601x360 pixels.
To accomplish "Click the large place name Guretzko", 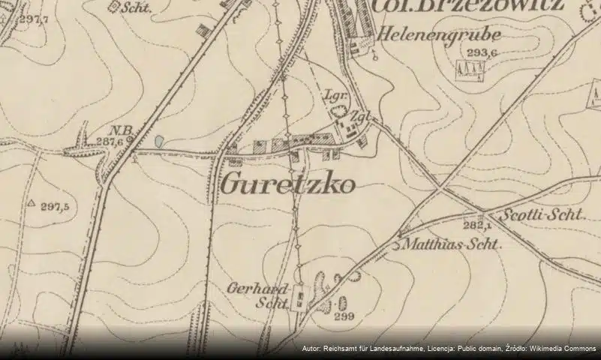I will tap(288, 184).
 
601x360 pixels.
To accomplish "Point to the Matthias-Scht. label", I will tap(452, 244).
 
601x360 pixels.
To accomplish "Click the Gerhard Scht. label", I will tap(260, 295).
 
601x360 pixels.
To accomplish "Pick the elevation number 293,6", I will tap(482, 53).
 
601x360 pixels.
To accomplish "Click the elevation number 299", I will tap(344, 316).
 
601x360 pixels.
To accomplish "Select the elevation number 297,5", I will tap(55, 206).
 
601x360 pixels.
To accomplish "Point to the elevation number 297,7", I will tap(33, 19).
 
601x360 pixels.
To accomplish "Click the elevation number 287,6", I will tap(110, 141).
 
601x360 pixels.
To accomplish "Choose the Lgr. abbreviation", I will tap(332, 95).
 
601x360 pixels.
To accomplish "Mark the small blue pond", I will tap(158, 140).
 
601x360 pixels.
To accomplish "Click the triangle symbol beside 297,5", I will tap(32, 203).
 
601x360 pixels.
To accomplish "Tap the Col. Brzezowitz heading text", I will tap(467, 6).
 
